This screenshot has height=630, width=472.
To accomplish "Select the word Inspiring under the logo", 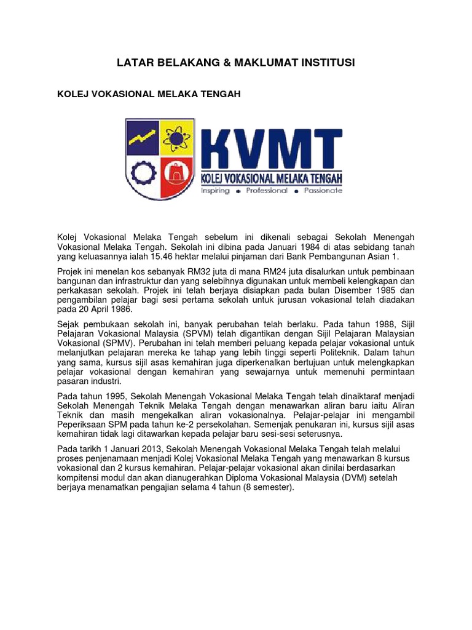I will [x=215, y=191].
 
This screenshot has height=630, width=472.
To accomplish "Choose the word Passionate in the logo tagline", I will [x=323, y=191].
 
